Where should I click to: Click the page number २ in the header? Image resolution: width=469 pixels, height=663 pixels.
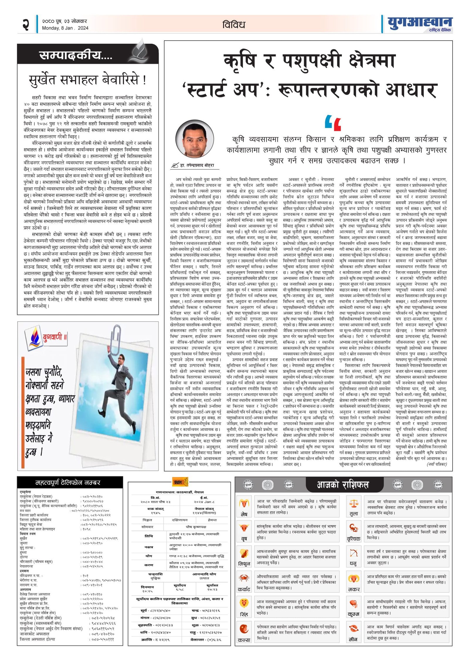(26, 24)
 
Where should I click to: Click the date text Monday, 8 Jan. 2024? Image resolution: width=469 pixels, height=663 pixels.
(65, 28)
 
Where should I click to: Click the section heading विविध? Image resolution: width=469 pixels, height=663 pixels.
(234, 25)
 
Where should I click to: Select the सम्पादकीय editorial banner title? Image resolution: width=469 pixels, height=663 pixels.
(76, 55)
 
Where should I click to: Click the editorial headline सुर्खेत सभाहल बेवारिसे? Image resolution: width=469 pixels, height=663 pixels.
(87, 80)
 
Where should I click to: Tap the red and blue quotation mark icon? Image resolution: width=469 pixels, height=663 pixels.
(333, 123)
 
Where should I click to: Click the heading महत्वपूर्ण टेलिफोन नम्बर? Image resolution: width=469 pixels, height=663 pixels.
(68, 483)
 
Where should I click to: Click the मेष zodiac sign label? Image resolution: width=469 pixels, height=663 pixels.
(244, 514)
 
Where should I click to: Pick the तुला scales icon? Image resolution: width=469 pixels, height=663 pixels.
(354, 504)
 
